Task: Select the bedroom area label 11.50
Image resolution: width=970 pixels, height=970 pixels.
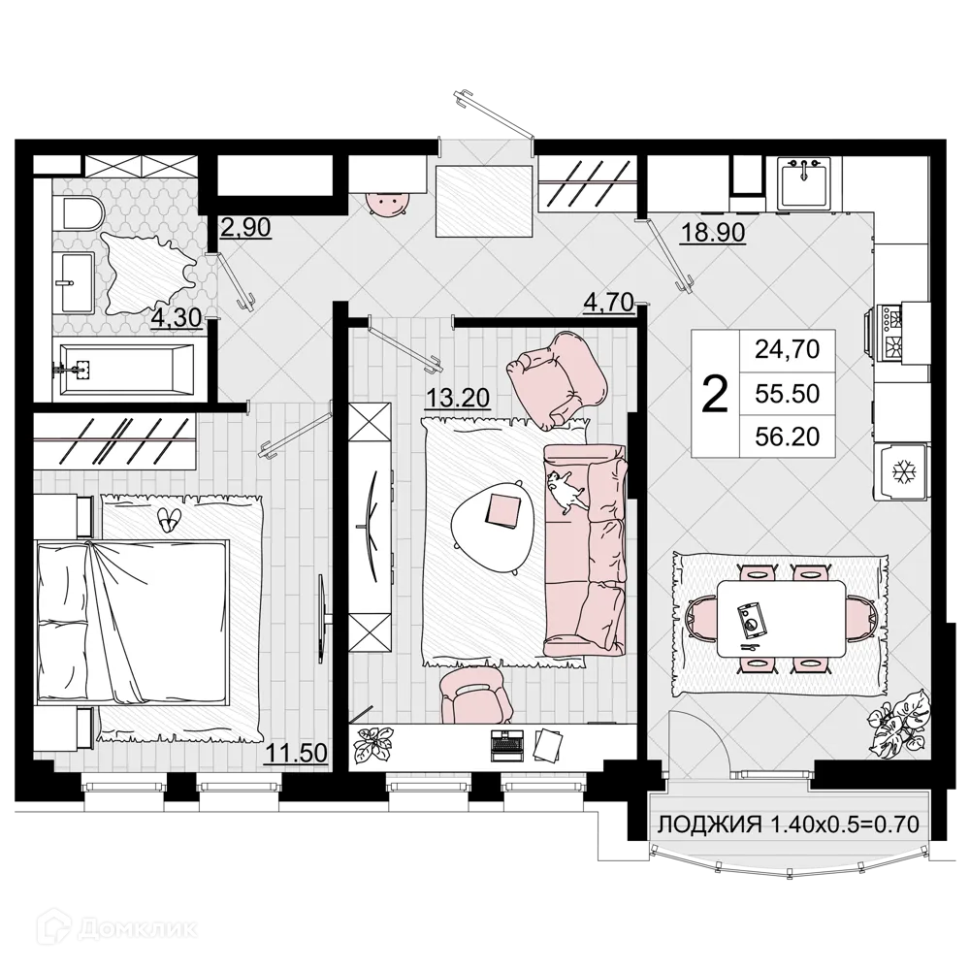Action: click(297, 753)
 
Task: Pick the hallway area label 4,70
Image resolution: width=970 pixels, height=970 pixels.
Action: click(608, 303)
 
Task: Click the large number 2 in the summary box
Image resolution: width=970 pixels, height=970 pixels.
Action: click(714, 394)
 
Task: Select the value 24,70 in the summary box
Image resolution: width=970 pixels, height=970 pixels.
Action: click(788, 349)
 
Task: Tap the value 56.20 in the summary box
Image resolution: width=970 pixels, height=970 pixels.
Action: click(788, 437)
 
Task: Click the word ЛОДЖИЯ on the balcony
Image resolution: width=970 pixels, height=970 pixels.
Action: click(708, 825)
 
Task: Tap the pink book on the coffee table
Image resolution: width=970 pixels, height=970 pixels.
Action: click(505, 508)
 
